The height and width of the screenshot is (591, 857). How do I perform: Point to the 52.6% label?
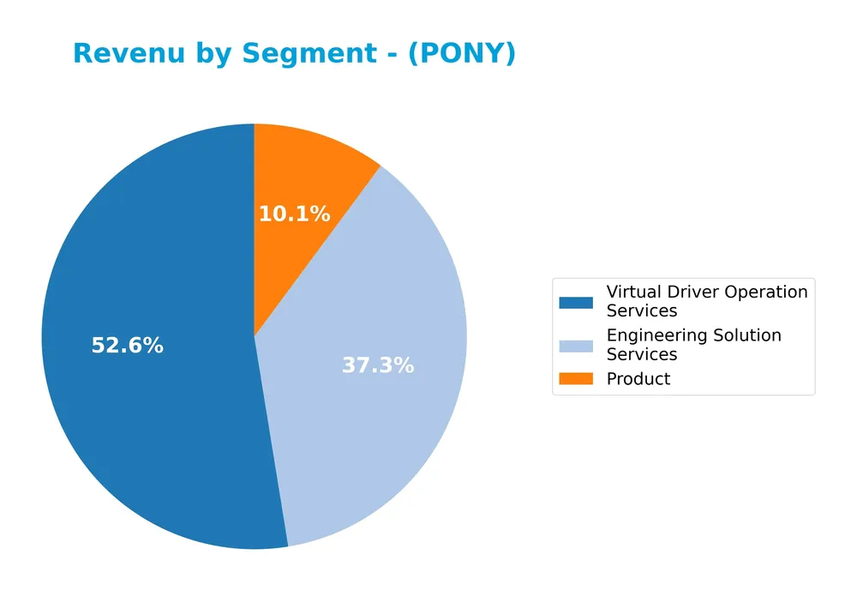127,346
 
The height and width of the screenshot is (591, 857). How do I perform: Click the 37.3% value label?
378,365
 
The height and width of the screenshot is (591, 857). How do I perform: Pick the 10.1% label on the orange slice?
294,214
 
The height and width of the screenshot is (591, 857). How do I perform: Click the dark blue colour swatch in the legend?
575,302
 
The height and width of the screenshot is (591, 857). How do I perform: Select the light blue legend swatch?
575,346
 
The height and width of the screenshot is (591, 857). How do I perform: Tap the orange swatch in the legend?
575,379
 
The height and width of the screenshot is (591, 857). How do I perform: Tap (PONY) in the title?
462,53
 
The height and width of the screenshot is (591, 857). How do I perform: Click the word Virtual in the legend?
632,292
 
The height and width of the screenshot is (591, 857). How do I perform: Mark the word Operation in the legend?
766,292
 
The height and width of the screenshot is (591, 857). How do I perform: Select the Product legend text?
638,379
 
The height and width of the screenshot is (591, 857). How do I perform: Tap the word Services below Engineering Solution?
642,354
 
